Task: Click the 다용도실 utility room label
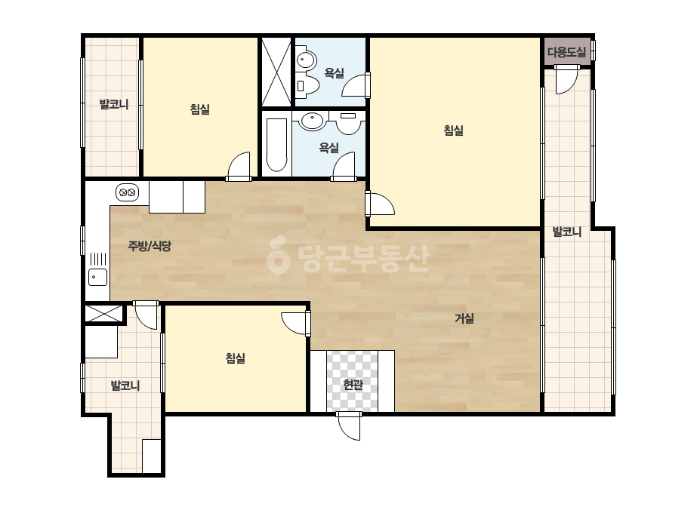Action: (x=567, y=52)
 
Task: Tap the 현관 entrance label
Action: (x=353, y=385)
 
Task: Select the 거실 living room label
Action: (x=464, y=318)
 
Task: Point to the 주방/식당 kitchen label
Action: (x=150, y=246)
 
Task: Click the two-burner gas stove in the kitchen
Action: (x=127, y=193)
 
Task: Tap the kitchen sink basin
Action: (x=98, y=277)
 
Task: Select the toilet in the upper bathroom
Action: (x=307, y=86)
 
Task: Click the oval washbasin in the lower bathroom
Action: (x=313, y=121)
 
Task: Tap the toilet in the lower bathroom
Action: (x=349, y=122)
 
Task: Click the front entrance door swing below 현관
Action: (x=349, y=426)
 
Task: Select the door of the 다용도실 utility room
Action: (x=566, y=80)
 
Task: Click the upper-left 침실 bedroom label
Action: (x=199, y=109)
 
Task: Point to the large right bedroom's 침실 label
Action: (x=453, y=131)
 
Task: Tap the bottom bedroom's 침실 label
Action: (x=235, y=358)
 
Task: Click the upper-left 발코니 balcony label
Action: (x=114, y=104)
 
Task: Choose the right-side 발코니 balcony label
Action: (x=567, y=232)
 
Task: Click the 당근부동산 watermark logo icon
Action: (x=278, y=255)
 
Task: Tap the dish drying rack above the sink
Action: (x=98, y=259)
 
